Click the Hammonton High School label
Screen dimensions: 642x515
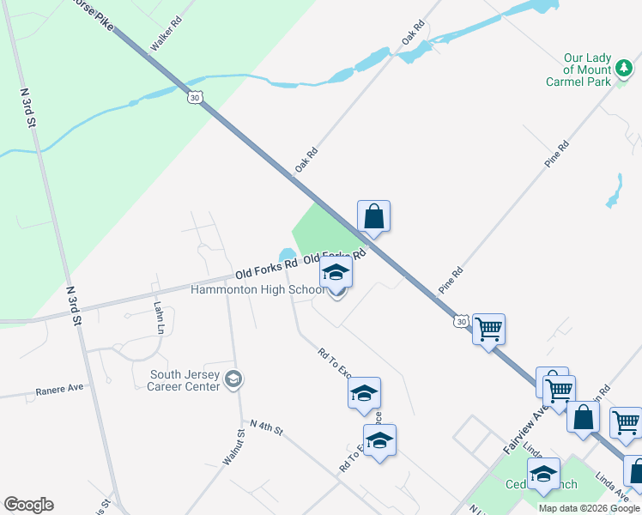click(x=257, y=290)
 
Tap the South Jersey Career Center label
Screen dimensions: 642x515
click(x=185, y=379)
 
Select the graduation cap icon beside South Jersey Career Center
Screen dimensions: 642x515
click(x=233, y=379)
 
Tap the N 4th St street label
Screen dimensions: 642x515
click(x=266, y=427)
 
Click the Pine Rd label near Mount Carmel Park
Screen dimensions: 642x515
click(x=557, y=153)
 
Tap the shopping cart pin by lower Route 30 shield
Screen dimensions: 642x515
click(x=488, y=328)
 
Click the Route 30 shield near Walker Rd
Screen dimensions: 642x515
click(x=195, y=98)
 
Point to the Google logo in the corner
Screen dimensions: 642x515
click(x=28, y=505)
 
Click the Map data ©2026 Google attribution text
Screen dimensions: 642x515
click(x=589, y=508)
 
